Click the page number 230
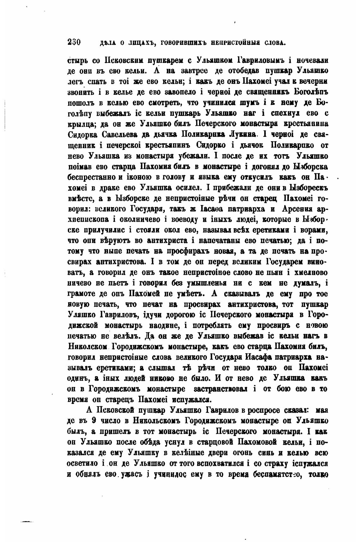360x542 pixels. (75, 42)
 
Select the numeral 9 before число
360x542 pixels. (93, 422)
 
